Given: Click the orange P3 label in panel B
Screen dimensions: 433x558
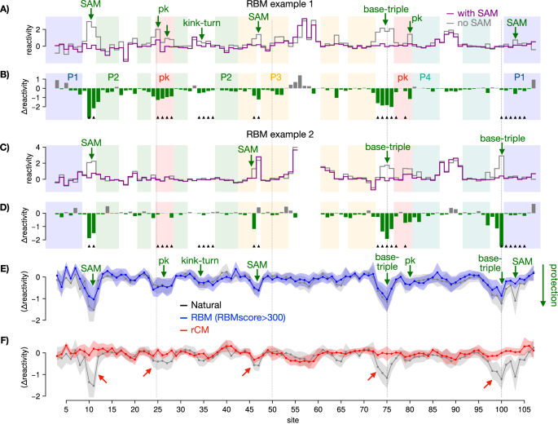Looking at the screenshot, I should point(278,77).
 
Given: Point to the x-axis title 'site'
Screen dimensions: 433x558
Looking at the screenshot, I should point(292,427).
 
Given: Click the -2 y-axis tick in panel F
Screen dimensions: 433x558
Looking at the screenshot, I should point(33,395).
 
